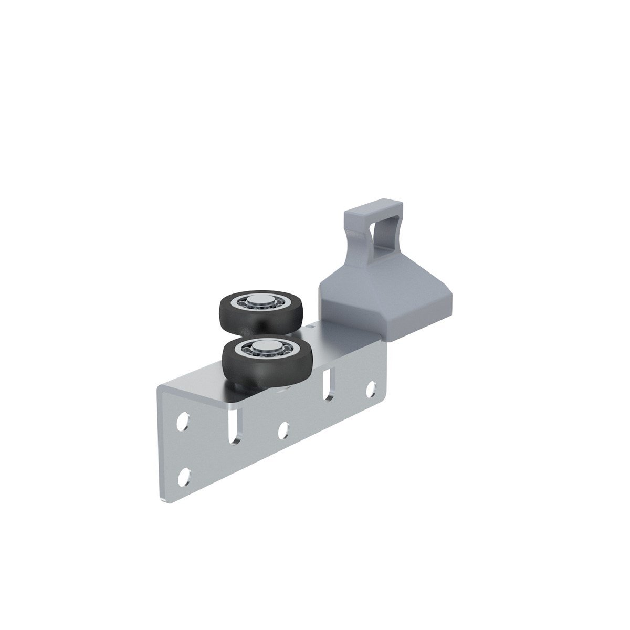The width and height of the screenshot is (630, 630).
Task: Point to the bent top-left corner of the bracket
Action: [x=161, y=390]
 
